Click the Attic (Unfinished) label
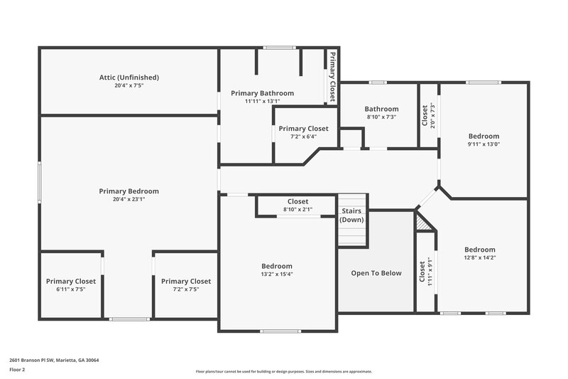click(x=129, y=77)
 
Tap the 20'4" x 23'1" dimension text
click(x=129, y=199)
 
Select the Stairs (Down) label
click(x=351, y=215)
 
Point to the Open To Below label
click(x=376, y=273)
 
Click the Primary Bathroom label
click(x=263, y=93)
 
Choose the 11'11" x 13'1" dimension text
click(x=263, y=101)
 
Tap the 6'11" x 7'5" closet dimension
click(x=70, y=289)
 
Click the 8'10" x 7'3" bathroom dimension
click(x=381, y=117)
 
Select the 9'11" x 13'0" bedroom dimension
click(x=484, y=144)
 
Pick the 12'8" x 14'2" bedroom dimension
click(x=480, y=257)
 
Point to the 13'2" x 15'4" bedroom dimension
click(x=277, y=274)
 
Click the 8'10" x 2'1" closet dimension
click(x=297, y=210)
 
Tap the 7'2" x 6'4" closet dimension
click(x=303, y=137)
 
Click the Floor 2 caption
click(x=17, y=370)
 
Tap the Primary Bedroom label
click(x=129, y=191)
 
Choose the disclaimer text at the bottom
click(x=284, y=371)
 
